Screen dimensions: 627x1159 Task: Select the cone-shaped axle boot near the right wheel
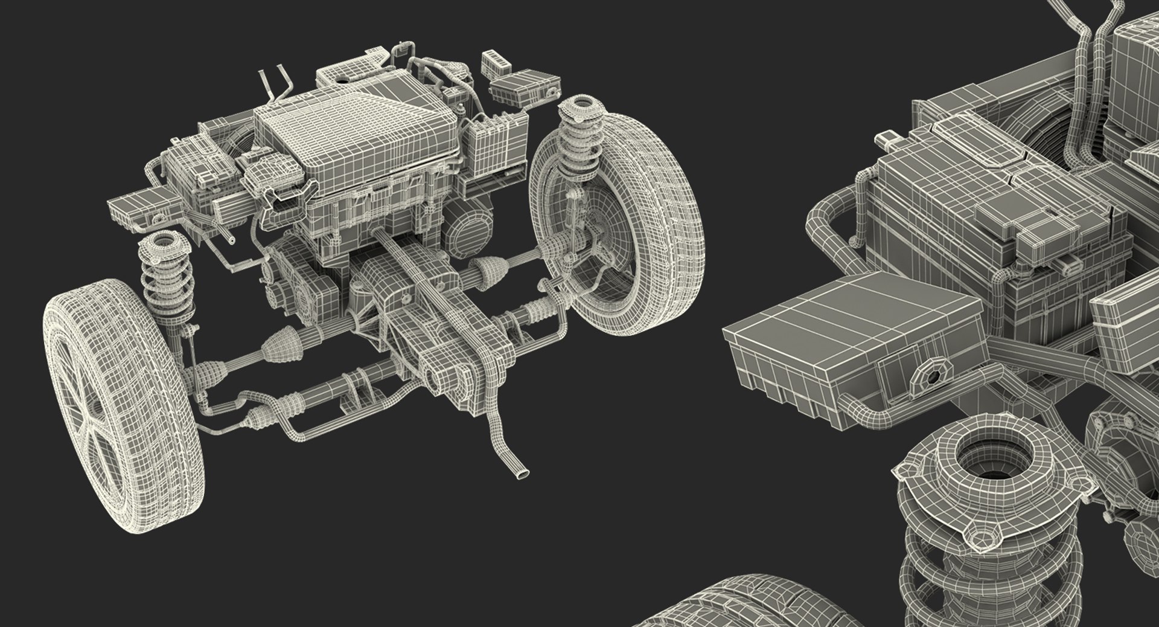pos(488,266)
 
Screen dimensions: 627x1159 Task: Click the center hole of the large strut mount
pos(983,457)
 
